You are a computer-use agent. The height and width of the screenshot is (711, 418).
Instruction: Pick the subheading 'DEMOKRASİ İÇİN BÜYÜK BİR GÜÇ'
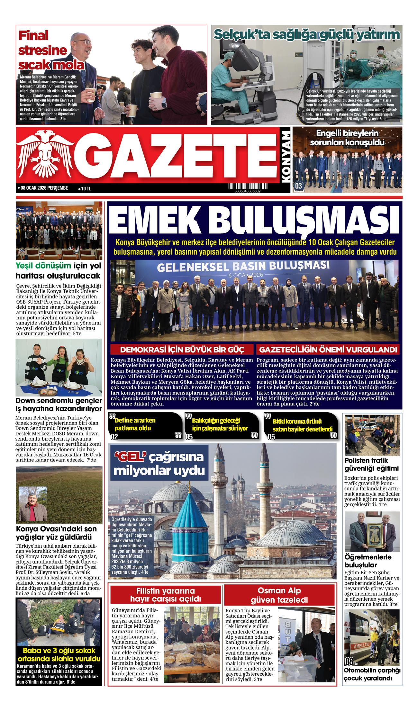[182, 350]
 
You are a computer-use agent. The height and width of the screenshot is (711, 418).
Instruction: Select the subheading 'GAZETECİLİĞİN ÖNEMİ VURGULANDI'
[328, 350]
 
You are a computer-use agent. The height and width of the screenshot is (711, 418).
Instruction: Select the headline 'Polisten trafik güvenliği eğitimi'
[371, 464]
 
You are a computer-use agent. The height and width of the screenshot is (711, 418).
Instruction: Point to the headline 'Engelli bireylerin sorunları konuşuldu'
[347, 137]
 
